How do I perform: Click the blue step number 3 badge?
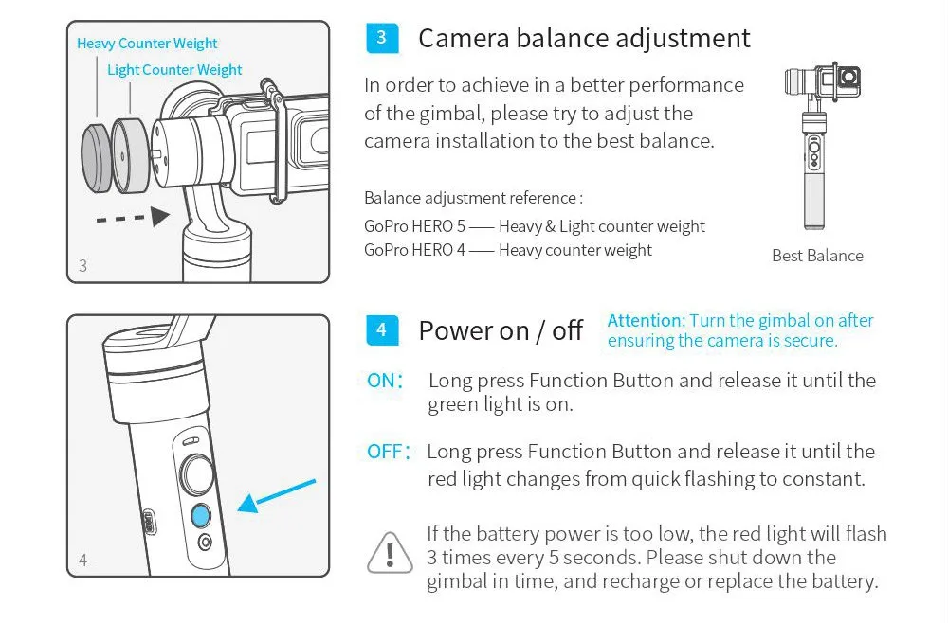pyautogui.click(x=382, y=38)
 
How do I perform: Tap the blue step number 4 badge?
pyautogui.click(x=382, y=330)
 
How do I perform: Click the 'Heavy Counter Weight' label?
pyautogui.click(x=147, y=44)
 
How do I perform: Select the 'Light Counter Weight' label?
pyautogui.click(x=174, y=70)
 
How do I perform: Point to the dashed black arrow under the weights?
pyautogui.click(x=133, y=218)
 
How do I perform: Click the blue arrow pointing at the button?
pyautogui.click(x=276, y=495)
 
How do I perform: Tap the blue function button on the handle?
pyautogui.click(x=201, y=516)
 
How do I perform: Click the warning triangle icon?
pyautogui.click(x=390, y=552)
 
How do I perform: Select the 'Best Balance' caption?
pyautogui.click(x=817, y=256)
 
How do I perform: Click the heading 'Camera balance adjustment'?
pyautogui.click(x=584, y=38)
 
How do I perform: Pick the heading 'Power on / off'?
pyautogui.click(x=501, y=330)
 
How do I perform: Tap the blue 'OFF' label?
pyautogui.click(x=388, y=452)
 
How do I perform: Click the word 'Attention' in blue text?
pyautogui.click(x=646, y=320)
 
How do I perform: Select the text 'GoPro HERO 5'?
pyautogui.click(x=415, y=226)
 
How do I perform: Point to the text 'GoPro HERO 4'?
pyautogui.click(x=415, y=250)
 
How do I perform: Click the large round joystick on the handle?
pyautogui.click(x=197, y=474)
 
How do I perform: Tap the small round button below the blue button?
pyautogui.click(x=205, y=543)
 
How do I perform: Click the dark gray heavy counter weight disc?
pyautogui.click(x=96, y=158)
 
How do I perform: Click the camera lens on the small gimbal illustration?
pyautogui.click(x=849, y=78)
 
